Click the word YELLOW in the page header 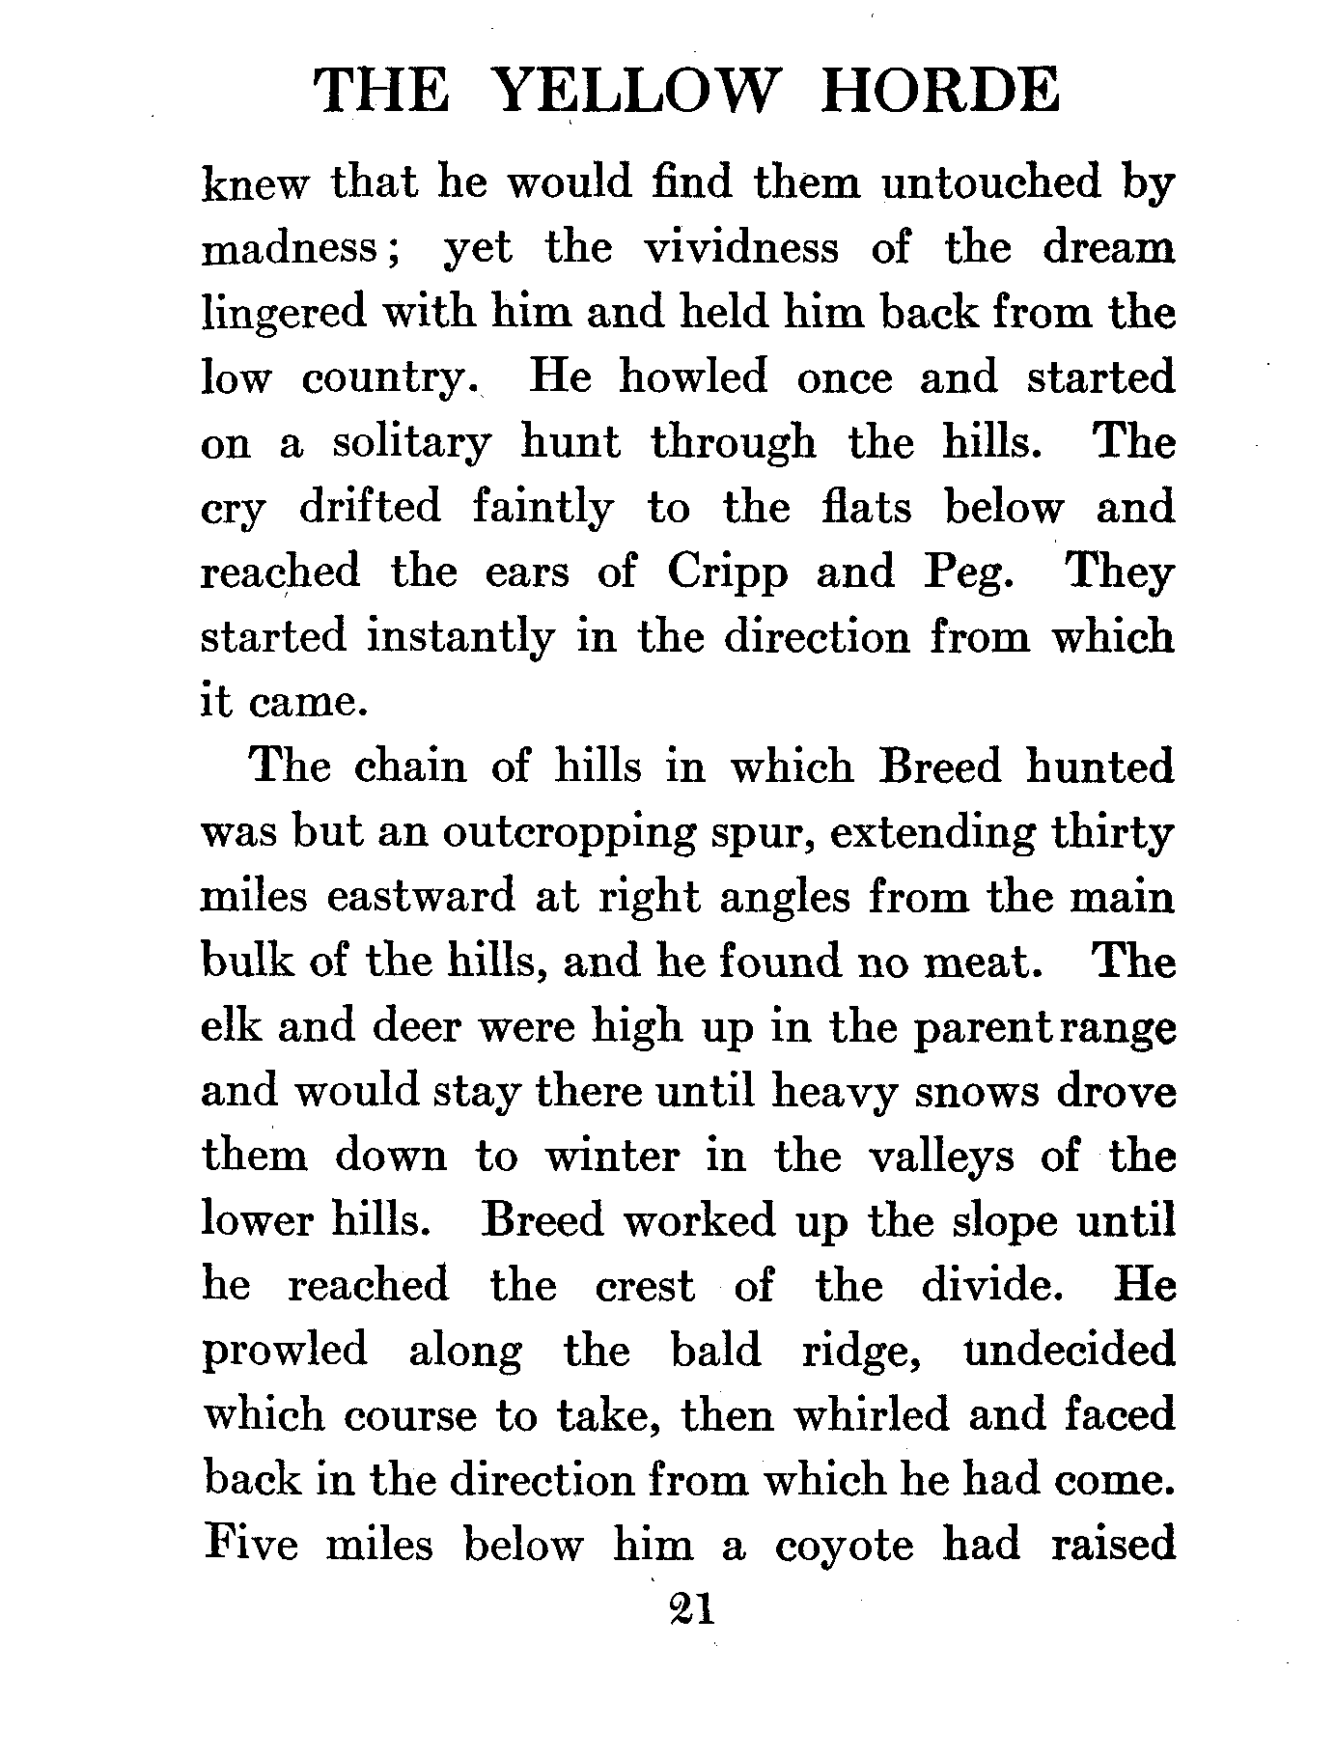(633, 92)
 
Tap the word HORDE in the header (939, 92)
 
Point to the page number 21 (688, 1609)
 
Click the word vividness (741, 248)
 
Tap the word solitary (411, 443)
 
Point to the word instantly (459, 637)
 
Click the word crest (644, 1286)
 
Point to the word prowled (284, 1350)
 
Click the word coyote (844, 1546)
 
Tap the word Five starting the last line (251, 1545)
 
